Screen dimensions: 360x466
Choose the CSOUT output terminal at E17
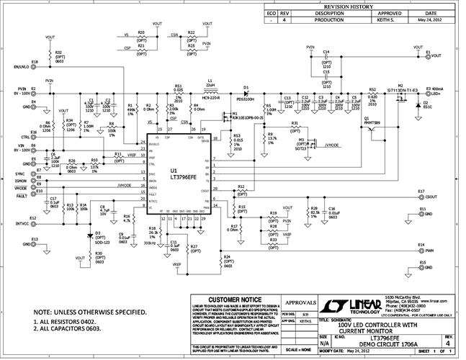[x=431, y=196]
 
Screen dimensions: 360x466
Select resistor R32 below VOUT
[x=50, y=55]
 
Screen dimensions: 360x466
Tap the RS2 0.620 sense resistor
[x=372, y=94]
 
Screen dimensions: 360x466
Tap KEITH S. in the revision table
[x=390, y=21]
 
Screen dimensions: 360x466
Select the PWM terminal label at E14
[x=429, y=251]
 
